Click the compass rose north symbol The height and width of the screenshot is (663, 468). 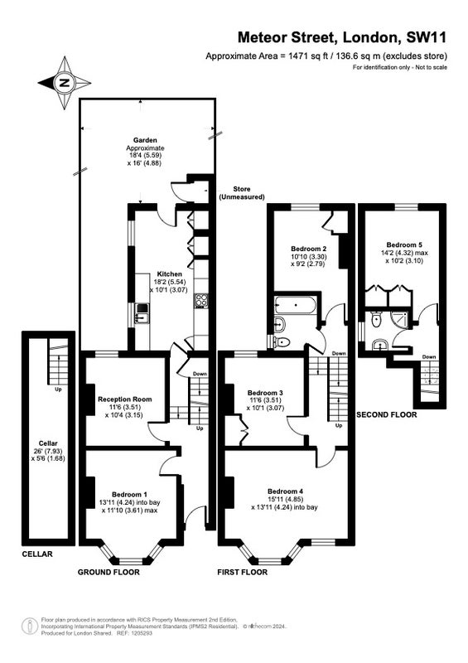(65, 83)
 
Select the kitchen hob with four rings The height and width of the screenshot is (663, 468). (200, 301)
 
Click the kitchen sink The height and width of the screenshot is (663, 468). (142, 313)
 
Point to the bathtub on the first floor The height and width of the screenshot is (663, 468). (295, 305)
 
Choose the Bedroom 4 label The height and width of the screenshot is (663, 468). (286, 491)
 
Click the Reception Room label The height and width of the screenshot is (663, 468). (125, 399)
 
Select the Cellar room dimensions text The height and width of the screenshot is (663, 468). (48, 454)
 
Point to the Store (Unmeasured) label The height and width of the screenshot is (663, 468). (241, 193)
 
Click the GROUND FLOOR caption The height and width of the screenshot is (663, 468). (109, 572)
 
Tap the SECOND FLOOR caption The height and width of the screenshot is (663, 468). (386, 415)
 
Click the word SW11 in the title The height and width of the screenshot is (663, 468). (426, 37)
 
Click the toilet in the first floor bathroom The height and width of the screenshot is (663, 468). (282, 341)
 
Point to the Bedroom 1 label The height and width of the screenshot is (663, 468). (129, 494)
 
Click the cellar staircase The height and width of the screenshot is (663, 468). (58, 361)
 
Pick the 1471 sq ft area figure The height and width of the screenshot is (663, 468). (308, 56)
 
